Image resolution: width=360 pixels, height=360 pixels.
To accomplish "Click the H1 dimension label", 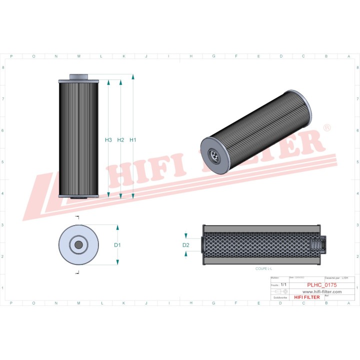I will coord(133,140).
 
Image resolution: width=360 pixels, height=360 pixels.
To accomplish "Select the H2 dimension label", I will coord(120,140).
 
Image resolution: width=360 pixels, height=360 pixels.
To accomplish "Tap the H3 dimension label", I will coord(108,140).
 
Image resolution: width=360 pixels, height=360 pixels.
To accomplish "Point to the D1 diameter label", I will coord(117,245).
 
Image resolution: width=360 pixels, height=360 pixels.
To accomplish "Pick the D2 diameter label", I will coord(186,245).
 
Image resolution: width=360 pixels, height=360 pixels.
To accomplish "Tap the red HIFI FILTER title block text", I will coord(306,297).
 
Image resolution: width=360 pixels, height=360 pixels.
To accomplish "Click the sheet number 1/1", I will coord(283,284).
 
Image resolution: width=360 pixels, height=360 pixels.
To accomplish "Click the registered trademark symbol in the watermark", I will coord(327,128).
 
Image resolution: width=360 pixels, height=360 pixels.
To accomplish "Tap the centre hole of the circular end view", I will coord(78,244).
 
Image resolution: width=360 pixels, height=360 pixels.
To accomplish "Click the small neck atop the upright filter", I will coord(78,77).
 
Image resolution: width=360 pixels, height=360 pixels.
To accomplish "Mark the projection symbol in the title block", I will coord(278,291).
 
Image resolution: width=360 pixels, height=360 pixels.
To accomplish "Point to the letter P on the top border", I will coord(11,56).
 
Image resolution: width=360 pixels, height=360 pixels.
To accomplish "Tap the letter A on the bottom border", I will coord(348,302).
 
